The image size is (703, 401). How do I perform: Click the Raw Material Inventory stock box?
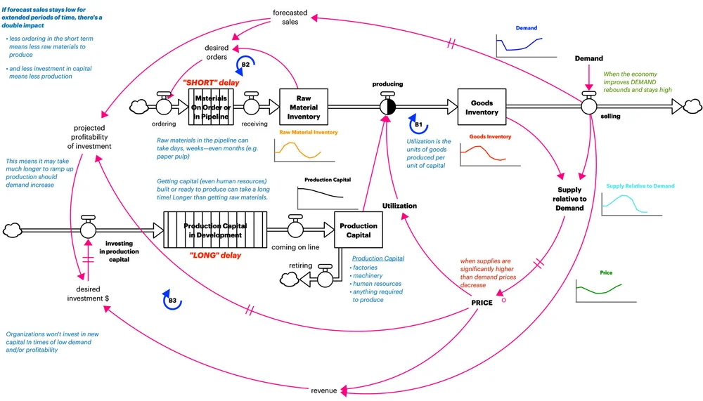pos(304,107)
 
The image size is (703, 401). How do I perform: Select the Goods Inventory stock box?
pos(482,107)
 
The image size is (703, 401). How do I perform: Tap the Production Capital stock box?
pos(359,230)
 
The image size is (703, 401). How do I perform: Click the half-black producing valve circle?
pos(388,107)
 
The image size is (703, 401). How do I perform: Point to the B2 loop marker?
pos(245,65)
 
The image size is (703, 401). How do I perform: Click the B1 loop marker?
pos(418,124)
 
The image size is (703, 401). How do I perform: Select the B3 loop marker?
pos(172,300)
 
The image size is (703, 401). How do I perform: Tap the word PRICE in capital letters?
pos(482,303)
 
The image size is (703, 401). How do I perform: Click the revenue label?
pos(323,390)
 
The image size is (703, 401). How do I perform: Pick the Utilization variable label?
pos(399,206)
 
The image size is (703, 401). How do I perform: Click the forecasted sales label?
pos(290,17)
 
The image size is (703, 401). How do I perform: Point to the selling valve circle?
pos(588,107)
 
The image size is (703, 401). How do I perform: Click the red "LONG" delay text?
pos(215,256)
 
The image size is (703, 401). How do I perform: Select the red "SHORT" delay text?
pos(211,82)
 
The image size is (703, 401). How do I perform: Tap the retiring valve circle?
pos(325,279)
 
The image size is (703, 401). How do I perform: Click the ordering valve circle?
pos(164,107)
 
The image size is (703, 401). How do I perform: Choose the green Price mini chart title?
pos(606,272)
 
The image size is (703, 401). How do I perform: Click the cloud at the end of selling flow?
pos(692,106)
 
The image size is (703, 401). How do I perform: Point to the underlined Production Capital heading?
pos(378,258)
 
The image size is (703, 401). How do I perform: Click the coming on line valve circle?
pos(295,230)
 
